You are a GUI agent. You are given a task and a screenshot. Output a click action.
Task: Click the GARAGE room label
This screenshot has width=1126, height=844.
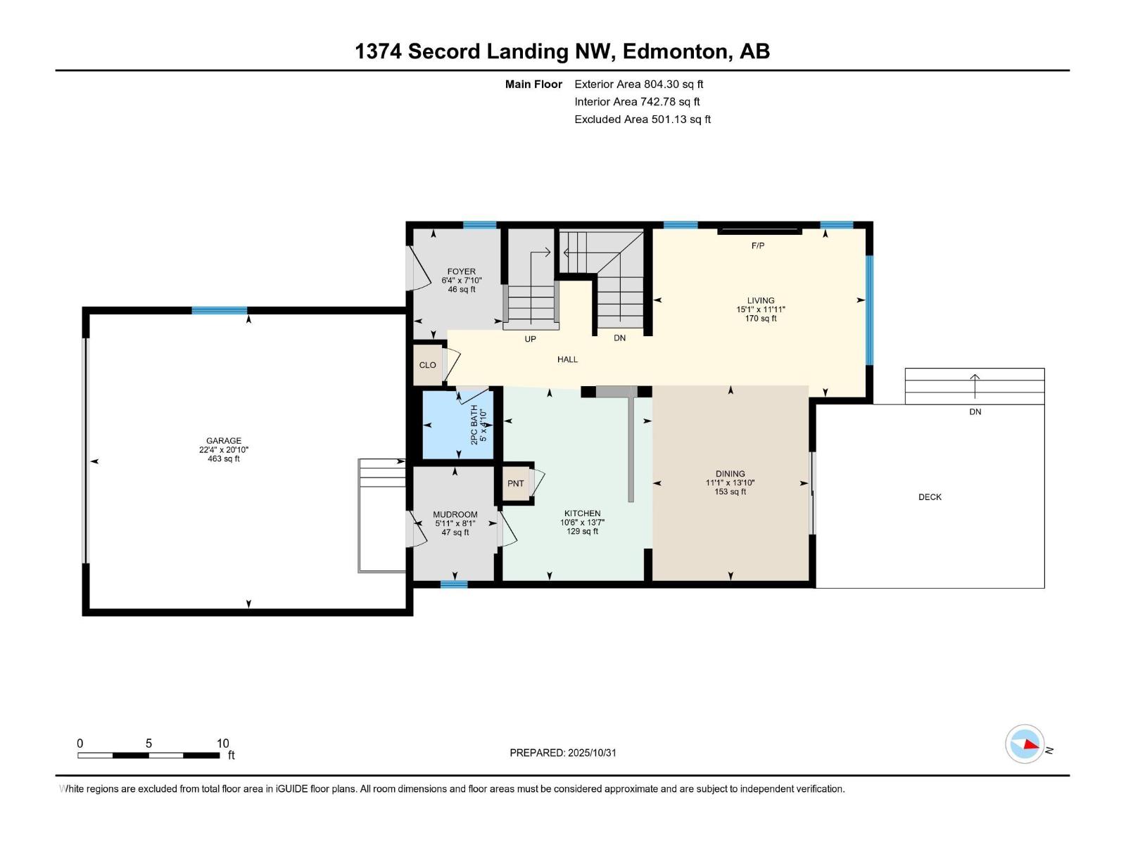tap(224, 441)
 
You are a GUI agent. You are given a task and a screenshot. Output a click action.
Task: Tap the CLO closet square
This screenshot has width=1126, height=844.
tap(427, 365)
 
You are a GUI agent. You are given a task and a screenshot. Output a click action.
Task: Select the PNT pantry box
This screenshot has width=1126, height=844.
tap(516, 483)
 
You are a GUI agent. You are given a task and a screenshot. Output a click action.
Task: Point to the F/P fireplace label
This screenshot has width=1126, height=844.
tap(758, 245)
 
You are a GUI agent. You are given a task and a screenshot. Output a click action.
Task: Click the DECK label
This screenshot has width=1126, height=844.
tap(930, 497)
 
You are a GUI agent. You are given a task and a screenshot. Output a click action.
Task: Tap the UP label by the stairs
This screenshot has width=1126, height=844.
tap(531, 339)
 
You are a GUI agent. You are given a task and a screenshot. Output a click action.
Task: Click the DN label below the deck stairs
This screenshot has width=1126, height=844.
tap(975, 412)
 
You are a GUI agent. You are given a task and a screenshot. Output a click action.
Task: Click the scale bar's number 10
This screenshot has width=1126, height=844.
tap(222, 743)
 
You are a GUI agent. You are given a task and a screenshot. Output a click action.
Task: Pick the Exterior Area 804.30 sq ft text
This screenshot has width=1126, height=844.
tap(638, 84)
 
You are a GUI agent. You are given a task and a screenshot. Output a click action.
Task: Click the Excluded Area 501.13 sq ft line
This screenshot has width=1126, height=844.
tap(642, 120)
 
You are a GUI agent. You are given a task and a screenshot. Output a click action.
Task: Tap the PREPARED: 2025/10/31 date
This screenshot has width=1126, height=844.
tap(563, 753)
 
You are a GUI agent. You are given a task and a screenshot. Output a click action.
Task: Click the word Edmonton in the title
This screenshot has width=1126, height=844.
tap(674, 51)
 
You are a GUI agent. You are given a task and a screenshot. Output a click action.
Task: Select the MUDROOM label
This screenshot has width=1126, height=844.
tap(455, 515)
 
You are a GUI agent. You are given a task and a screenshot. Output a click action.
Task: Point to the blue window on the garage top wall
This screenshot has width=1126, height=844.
tap(220, 310)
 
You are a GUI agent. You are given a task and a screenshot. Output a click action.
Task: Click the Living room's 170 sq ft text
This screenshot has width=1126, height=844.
tap(761, 319)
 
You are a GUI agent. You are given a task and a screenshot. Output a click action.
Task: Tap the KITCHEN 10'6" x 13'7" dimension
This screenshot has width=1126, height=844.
tap(582, 523)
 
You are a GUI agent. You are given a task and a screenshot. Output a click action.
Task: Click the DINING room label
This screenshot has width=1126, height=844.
tap(730, 474)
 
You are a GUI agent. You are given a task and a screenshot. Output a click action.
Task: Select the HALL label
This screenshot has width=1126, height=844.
tap(567, 359)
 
